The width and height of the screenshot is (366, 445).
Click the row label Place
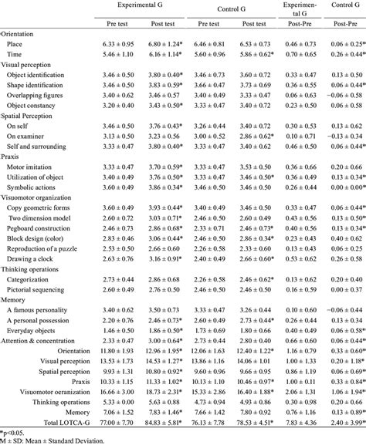(13, 46)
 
